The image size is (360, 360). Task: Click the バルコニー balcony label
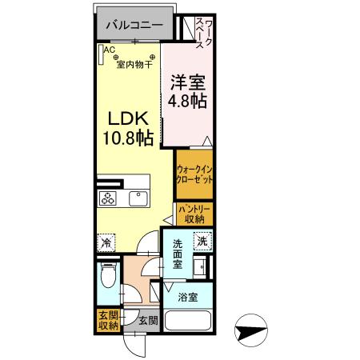coord(134,26)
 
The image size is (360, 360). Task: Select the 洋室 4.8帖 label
coord(188,92)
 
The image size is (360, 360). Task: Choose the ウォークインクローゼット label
coord(194,174)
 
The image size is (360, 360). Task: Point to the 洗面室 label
coord(178,254)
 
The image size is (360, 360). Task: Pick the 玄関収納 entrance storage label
coord(107,319)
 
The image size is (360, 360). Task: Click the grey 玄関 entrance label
coord(147,322)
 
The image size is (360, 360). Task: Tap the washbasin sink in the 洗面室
coord(203,266)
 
